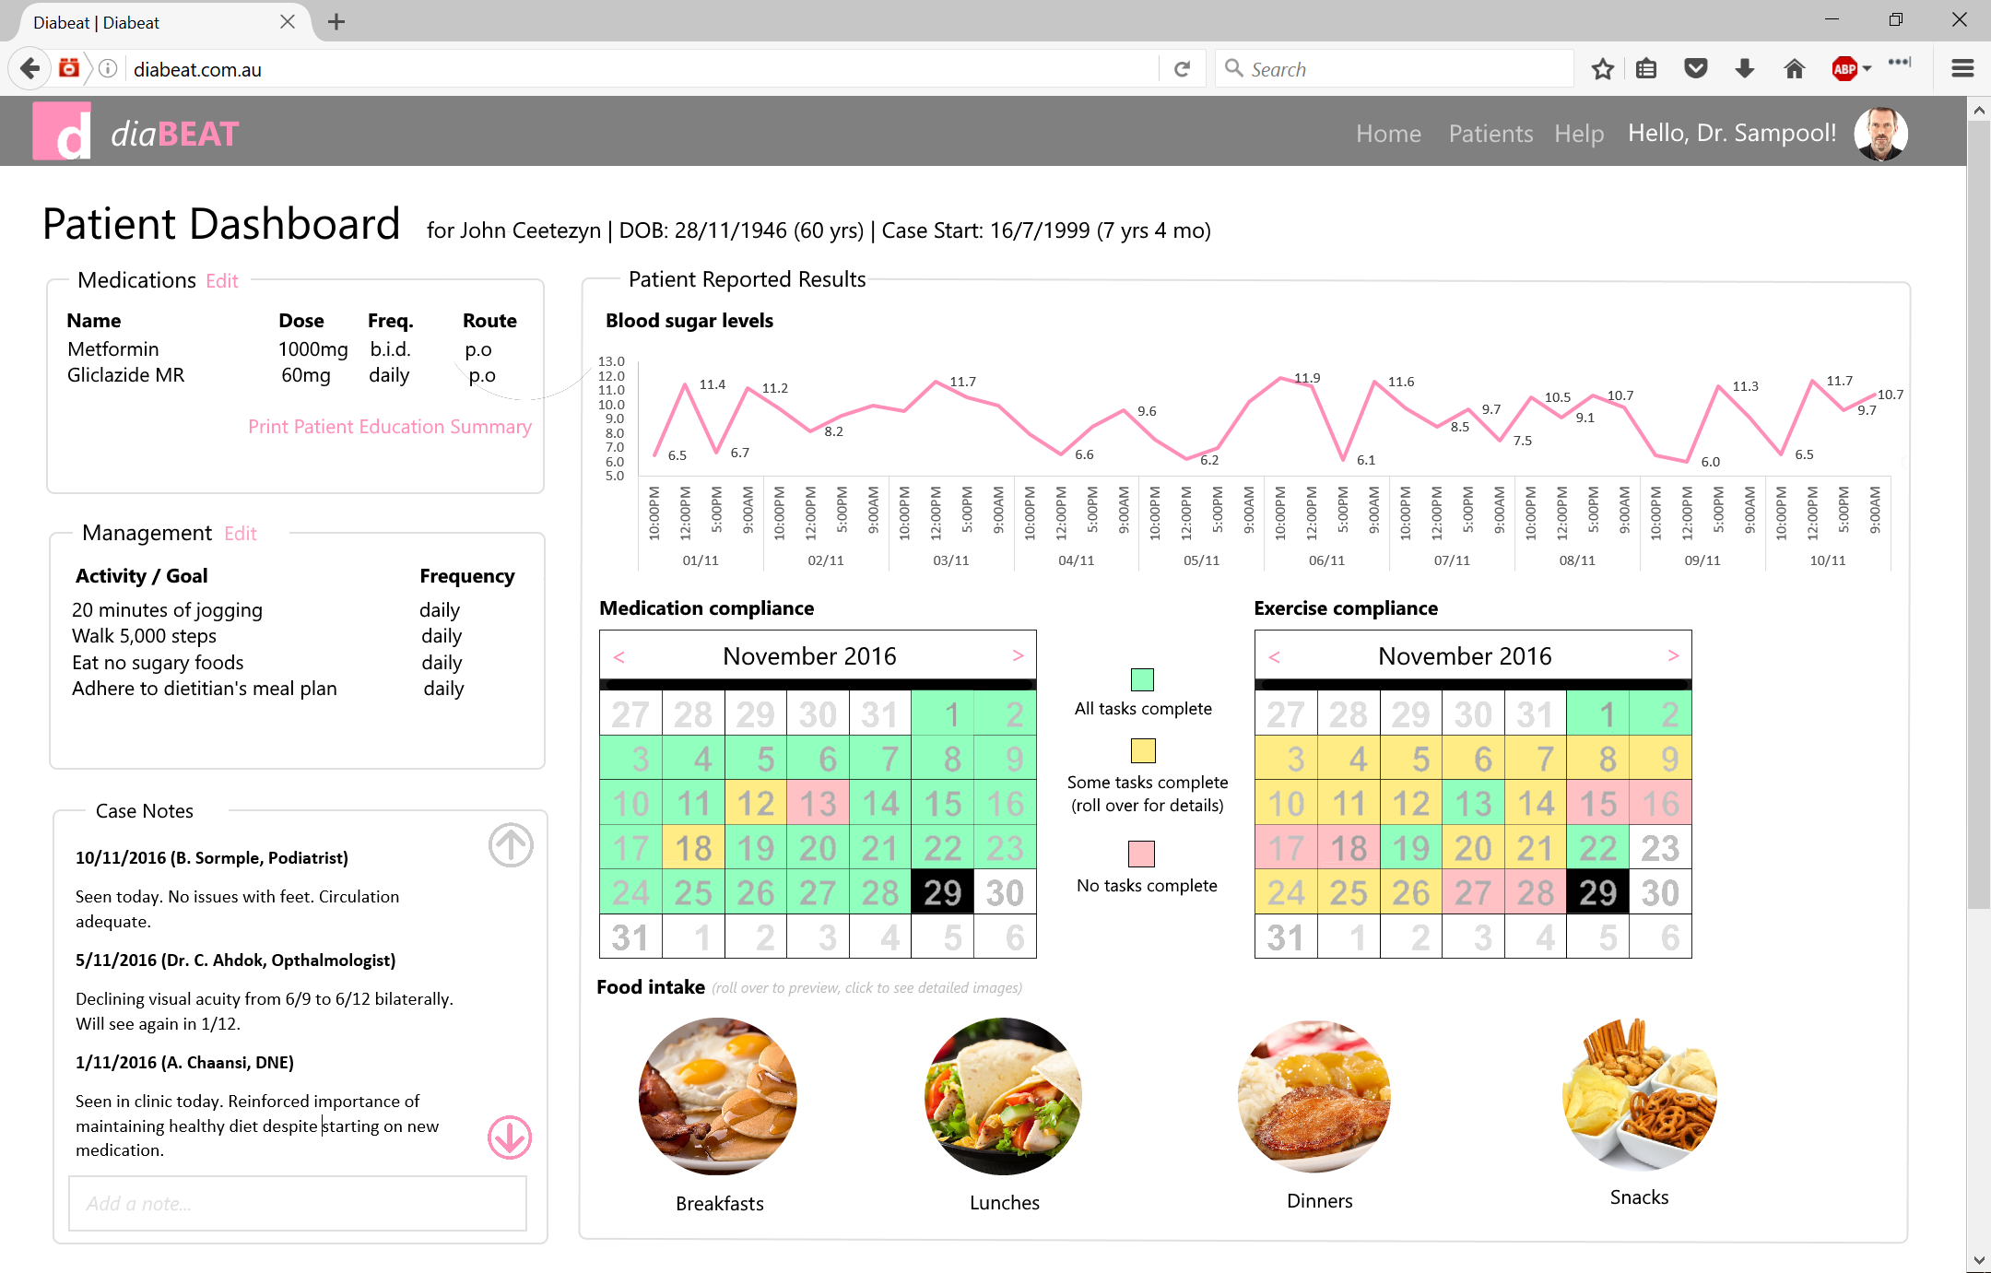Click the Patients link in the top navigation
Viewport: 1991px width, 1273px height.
[x=1490, y=134]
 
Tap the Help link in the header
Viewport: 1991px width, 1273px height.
[x=1578, y=134]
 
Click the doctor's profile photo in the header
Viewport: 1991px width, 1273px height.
[x=1880, y=134]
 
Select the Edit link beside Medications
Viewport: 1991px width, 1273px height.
[x=221, y=281]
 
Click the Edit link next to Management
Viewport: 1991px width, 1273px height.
[x=240, y=534]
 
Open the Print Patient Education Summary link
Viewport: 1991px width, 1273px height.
[x=389, y=427]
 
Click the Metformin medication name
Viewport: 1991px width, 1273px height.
[x=112, y=349]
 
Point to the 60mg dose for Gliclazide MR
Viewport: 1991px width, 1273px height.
[x=305, y=375]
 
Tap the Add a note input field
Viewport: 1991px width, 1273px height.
[x=297, y=1203]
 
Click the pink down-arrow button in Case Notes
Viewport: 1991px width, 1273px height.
[x=510, y=1137]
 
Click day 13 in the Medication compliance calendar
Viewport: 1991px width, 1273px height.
[x=818, y=803]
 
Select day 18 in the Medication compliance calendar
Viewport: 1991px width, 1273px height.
[x=693, y=848]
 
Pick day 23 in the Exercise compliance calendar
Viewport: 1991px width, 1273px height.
[x=1659, y=848]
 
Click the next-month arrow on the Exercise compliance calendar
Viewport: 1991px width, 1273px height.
[x=1673, y=655]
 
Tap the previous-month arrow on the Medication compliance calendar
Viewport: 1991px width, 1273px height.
[x=619, y=656]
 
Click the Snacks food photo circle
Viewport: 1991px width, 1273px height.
[x=1639, y=1094]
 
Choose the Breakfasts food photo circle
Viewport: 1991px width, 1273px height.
[x=718, y=1096]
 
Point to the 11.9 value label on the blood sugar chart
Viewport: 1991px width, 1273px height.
[x=1307, y=378]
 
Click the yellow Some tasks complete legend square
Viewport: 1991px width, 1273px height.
[x=1143, y=750]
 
